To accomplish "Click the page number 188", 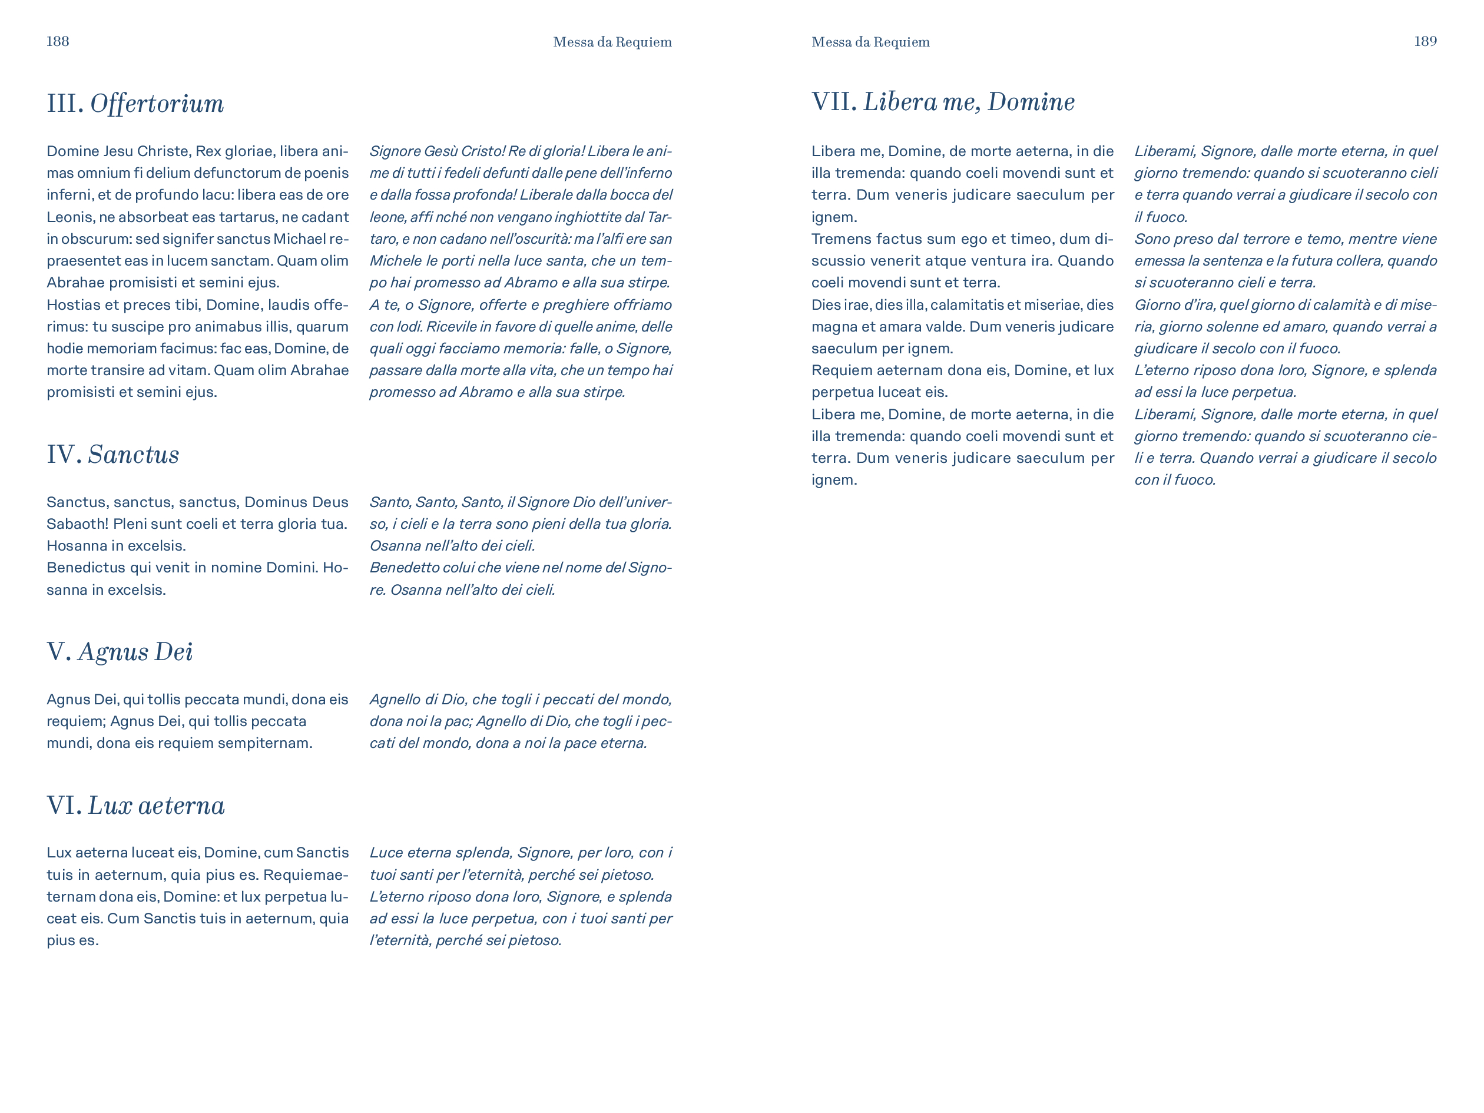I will click(x=58, y=42).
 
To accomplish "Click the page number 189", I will click(x=1425, y=42).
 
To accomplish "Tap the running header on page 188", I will click(x=612, y=42).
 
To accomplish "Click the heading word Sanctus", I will click(x=134, y=455).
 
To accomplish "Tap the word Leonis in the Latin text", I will click(x=69, y=217).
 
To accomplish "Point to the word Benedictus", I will click(x=85, y=568).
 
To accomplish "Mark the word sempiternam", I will click(x=271, y=743).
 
